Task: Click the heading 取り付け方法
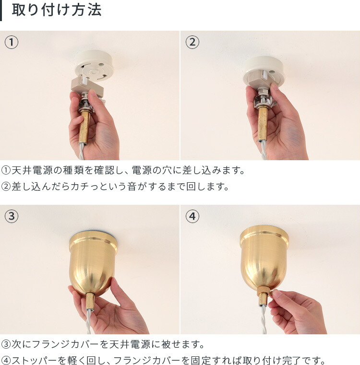click(x=57, y=11)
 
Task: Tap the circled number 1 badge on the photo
click(x=12, y=42)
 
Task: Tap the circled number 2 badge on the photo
click(x=192, y=42)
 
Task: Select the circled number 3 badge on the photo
click(x=12, y=216)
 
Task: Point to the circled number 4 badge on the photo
click(x=192, y=216)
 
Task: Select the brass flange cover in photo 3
click(x=93, y=261)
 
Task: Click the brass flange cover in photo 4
click(x=264, y=257)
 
